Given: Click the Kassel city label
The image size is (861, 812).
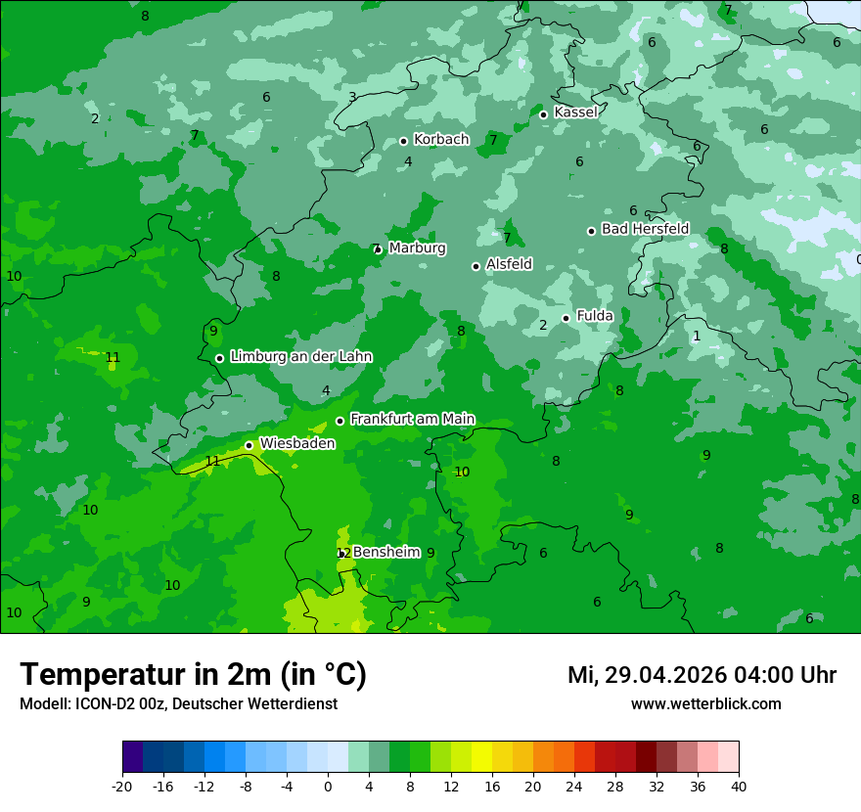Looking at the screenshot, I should point(575,113).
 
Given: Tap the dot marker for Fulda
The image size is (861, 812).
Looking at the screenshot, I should point(566,318).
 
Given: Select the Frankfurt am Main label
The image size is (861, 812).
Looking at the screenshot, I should point(412,419).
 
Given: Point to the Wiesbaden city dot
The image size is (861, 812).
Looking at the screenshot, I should point(249,445).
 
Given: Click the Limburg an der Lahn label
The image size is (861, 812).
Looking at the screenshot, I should point(300,357).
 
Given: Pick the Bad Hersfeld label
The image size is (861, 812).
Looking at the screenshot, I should point(645,229).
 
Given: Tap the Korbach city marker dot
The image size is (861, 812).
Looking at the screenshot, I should point(403,141).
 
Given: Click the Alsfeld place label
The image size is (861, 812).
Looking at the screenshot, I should point(509,264).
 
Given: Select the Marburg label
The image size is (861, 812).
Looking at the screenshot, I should point(417,248).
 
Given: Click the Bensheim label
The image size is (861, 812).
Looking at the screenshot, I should point(386,552).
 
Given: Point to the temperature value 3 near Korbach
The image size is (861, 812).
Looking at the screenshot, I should point(352,97).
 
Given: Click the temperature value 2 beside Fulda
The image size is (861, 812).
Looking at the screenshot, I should point(543,326).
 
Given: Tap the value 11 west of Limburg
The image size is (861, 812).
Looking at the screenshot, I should point(113,357).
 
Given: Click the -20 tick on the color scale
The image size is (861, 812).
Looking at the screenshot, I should point(122,786).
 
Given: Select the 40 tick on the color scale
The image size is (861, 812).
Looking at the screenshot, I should point(738,786).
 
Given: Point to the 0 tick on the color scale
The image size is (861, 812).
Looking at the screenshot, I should point(328,786).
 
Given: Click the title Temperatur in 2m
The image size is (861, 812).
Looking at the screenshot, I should point(193,674).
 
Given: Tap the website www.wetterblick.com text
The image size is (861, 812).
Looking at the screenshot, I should point(705,703).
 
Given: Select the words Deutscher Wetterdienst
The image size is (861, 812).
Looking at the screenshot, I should point(254,703).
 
